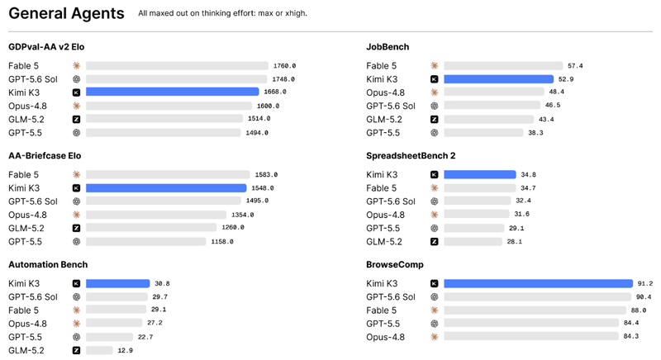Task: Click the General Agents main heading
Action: [x=66, y=13]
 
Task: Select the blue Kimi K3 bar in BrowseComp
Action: [x=539, y=283]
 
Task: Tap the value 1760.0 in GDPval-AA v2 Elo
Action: [x=284, y=66]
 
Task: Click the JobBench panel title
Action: [x=388, y=47]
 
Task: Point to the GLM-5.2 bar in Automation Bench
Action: [x=99, y=350]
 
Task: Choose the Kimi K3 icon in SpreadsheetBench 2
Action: [x=435, y=175]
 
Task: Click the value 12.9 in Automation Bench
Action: [x=126, y=350]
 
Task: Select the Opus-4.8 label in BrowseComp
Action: [x=385, y=337]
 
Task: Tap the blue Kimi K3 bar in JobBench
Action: [x=499, y=79]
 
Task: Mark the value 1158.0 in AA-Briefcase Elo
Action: [x=222, y=242]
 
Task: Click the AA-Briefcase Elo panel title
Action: [x=45, y=156]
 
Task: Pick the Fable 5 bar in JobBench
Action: [x=503, y=66]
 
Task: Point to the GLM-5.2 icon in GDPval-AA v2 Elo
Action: [x=76, y=119]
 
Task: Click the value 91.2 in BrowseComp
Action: [x=645, y=283]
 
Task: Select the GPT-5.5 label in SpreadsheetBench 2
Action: [x=383, y=228]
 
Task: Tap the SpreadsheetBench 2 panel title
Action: [x=411, y=156]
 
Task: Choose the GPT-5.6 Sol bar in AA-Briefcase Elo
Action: [x=164, y=201]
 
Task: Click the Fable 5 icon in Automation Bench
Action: [x=76, y=310]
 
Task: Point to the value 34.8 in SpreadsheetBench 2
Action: [x=528, y=175]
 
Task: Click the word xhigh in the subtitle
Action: [x=295, y=13]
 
